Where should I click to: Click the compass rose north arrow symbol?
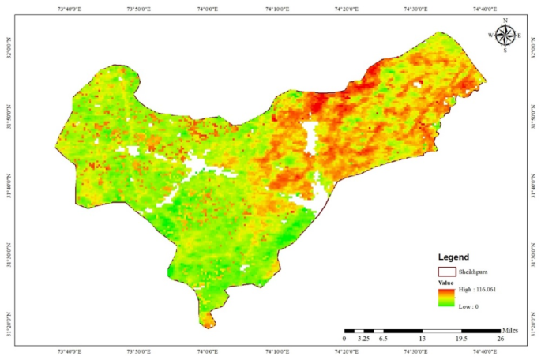(505, 35)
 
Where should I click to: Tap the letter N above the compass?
(505, 21)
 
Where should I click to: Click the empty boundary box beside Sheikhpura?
(445, 270)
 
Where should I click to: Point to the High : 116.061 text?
(477, 290)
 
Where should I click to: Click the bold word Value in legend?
(445, 281)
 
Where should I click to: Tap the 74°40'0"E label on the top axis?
(484, 9)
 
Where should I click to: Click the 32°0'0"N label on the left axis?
(9, 53)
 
